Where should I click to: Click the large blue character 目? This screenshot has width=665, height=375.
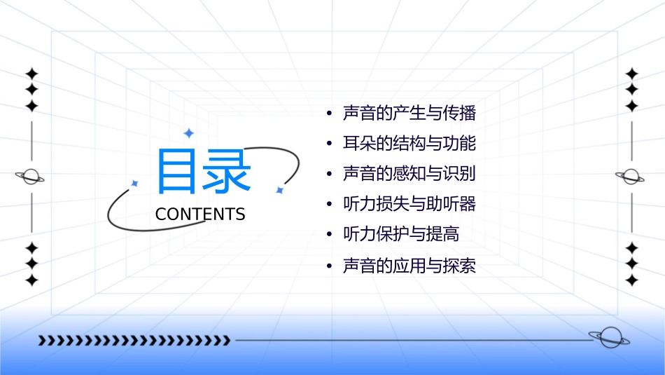click(175, 171)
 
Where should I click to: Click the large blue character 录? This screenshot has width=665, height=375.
click(225, 171)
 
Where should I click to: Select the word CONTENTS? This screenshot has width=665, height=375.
click(200, 214)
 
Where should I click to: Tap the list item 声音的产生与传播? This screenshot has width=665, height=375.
click(409, 113)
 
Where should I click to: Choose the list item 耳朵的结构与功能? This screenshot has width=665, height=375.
click(409, 144)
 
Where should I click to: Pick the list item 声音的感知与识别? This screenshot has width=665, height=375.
click(409, 174)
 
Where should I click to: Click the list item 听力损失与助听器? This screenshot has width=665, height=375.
click(409, 204)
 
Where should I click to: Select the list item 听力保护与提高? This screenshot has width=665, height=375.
click(400, 234)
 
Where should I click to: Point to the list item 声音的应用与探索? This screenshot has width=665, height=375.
click(409, 266)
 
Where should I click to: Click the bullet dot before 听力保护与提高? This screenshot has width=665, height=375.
click(328, 235)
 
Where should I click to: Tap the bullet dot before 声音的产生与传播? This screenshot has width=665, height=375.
click(328, 114)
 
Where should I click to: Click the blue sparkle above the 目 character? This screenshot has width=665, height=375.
click(188, 132)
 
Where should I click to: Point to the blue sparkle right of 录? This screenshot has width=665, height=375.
click(279, 190)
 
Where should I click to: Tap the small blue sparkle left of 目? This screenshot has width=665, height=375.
click(135, 183)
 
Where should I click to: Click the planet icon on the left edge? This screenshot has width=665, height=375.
click(30, 177)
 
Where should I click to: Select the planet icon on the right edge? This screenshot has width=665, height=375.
click(631, 177)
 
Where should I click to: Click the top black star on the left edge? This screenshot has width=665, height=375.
click(31, 74)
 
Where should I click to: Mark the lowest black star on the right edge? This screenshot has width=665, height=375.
click(631, 280)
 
